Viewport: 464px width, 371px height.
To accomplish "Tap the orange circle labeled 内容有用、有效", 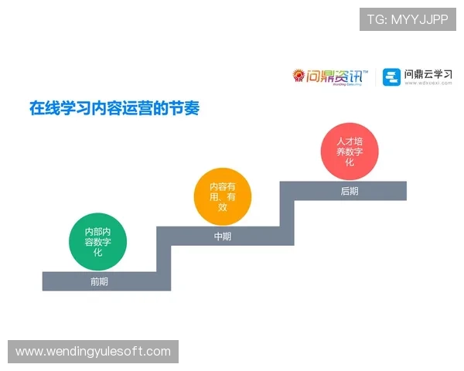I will pos(223,196).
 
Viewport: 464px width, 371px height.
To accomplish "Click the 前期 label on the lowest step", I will pos(99,281).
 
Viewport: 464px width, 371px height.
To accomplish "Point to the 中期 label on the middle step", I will pos(223,237).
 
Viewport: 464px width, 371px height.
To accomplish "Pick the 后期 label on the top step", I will pos(349,191).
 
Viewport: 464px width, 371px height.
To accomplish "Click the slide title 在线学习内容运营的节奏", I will pos(114,107).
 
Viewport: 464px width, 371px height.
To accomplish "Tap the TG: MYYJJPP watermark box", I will pos(408,19).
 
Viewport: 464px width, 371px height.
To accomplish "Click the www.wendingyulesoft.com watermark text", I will pos(93,352).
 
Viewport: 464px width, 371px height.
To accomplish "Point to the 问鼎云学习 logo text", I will pos(428,75).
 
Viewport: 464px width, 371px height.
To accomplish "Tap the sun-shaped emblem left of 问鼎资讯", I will pos(299,76).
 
